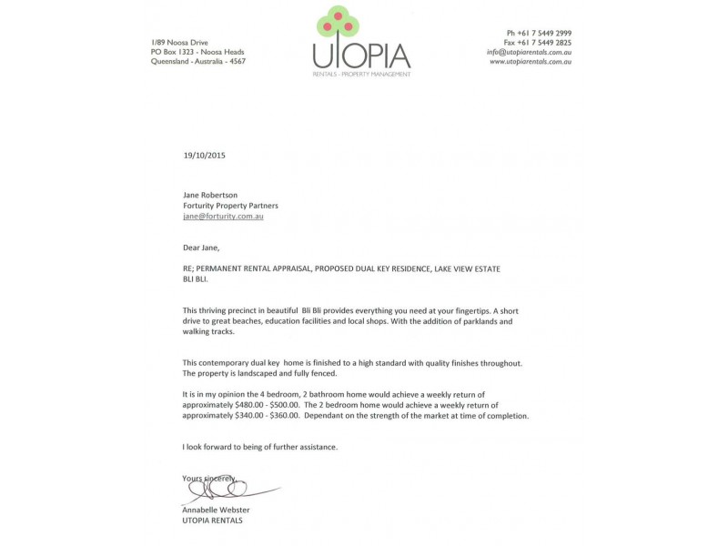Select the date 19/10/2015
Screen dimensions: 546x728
coord(204,156)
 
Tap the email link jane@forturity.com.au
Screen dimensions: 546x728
coord(223,217)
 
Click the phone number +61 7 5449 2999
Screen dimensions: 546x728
coord(545,33)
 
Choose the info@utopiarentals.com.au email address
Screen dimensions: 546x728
coord(529,52)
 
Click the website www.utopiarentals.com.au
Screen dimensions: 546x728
coord(531,62)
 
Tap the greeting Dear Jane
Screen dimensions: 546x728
coord(201,248)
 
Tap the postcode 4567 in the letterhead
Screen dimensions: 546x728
coord(235,61)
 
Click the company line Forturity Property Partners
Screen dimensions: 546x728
coord(230,206)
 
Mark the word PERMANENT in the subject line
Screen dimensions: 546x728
coord(225,268)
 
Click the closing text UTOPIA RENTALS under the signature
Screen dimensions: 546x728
coord(212,521)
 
